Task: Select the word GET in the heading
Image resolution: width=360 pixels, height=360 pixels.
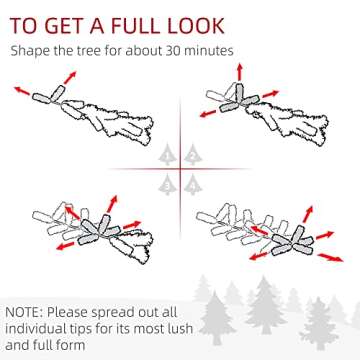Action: (x=64, y=26)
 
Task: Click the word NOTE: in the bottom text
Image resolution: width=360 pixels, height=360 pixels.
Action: (x=24, y=313)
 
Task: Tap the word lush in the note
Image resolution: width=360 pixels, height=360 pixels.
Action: (x=181, y=328)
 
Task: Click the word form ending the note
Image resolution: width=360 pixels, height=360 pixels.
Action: (x=71, y=345)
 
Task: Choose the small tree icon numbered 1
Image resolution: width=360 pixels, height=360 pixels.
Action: (x=167, y=155)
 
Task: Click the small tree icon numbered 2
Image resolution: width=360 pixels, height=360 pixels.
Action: (x=193, y=155)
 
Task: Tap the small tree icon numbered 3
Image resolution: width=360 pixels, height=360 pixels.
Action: (x=167, y=185)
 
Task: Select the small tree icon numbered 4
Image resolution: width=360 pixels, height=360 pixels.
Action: (x=193, y=185)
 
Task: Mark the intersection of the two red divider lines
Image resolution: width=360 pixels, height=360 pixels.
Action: (x=180, y=169)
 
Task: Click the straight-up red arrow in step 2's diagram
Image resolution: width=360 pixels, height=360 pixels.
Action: (x=239, y=71)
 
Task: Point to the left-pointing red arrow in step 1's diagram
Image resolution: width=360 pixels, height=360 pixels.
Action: (x=22, y=91)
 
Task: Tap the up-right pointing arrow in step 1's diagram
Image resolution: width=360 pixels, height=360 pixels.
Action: (x=70, y=77)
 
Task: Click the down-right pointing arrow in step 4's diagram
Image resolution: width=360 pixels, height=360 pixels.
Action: (x=330, y=257)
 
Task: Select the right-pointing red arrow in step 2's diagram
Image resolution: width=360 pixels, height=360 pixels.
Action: (x=271, y=94)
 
